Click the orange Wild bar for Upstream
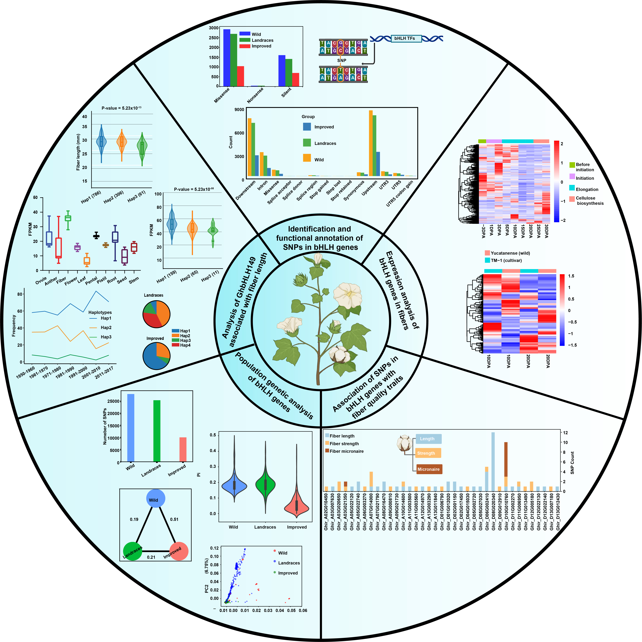tap(371, 143)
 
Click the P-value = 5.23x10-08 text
tap(194, 189)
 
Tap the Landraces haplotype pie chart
tap(156, 314)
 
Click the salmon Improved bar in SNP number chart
tap(183, 450)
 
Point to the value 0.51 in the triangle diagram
tap(174, 519)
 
